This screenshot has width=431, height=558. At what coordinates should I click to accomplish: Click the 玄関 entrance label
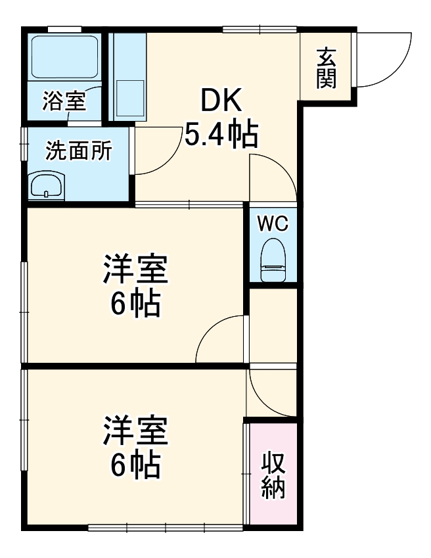327,68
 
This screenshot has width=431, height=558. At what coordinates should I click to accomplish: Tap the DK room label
221,101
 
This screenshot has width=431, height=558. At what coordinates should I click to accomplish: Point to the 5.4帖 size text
221,134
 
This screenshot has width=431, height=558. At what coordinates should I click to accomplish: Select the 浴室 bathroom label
64,101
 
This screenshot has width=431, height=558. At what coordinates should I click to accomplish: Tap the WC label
273,223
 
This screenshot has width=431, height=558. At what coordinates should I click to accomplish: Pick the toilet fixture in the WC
273,261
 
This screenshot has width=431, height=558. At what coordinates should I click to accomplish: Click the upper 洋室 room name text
135,270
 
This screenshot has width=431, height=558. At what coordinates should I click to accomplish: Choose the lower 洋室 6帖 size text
135,465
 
